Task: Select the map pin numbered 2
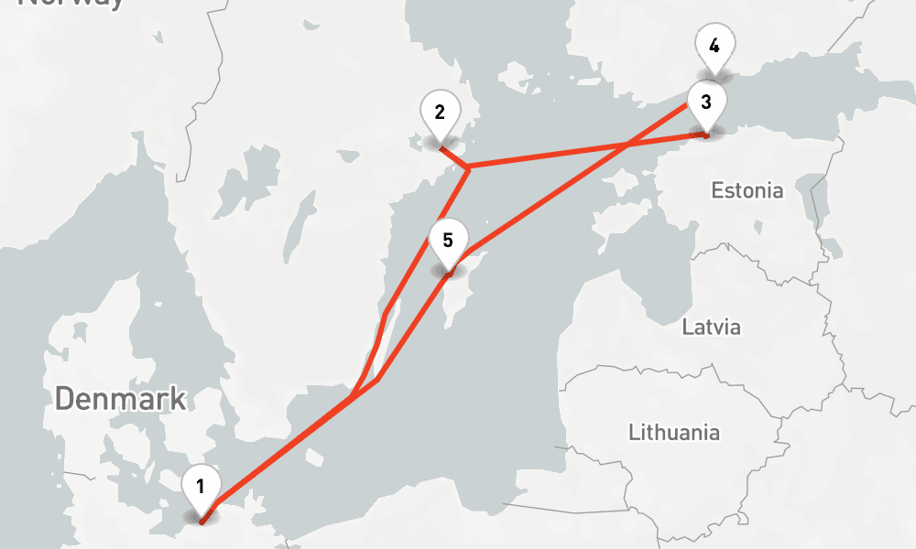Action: (440, 113)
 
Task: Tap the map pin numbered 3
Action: (706, 102)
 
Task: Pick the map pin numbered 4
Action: (714, 46)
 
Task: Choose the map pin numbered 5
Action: (447, 242)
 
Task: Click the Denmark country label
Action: (120, 399)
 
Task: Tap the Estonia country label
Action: (747, 191)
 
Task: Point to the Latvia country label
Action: (711, 327)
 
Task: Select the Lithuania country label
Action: (674, 432)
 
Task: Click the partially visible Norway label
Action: (71, 4)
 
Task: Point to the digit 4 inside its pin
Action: (714, 45)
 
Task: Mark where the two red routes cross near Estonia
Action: (628, 145)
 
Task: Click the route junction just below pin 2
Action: (467, 168)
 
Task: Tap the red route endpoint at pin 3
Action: (706, 135)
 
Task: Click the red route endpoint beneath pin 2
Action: (441, 145)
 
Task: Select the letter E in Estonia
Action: (717, 191)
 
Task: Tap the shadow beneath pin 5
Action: (448, 272)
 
